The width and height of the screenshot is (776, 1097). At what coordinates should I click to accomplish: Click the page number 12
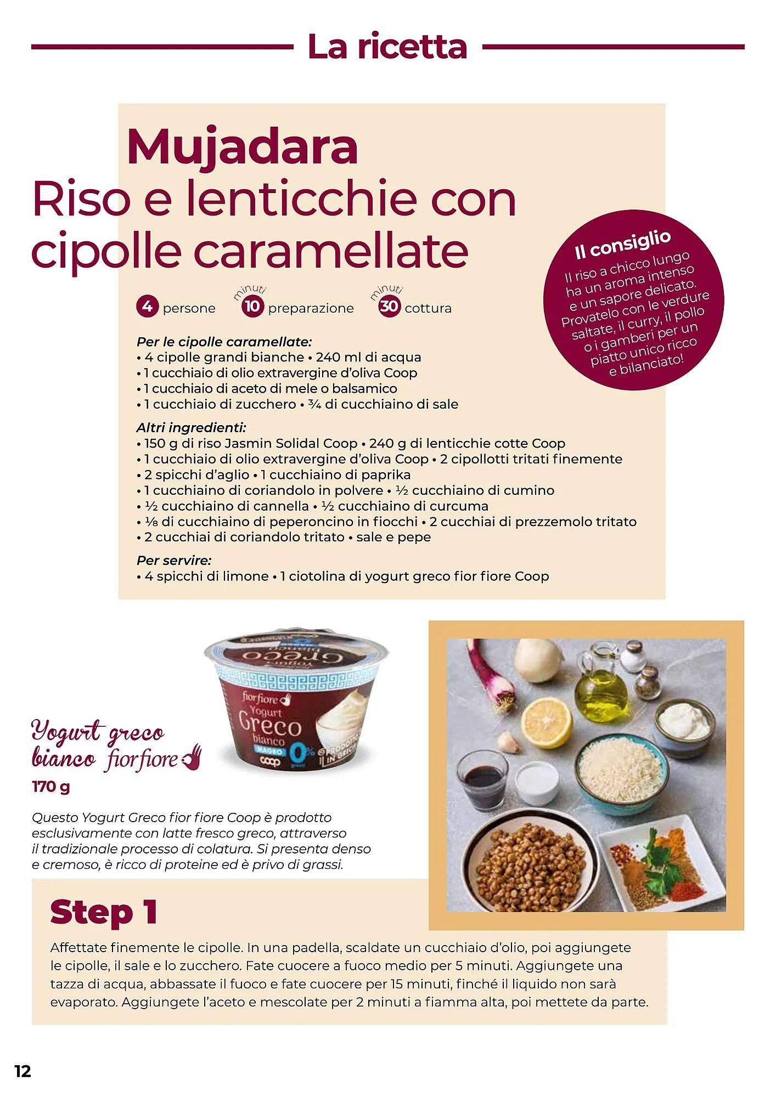click(23, 1071)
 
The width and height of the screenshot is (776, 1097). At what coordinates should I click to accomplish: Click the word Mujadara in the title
click(242, 147)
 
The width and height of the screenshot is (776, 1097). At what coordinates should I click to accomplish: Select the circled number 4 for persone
click(148, 307)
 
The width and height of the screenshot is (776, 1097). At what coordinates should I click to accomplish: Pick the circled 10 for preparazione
click(252, 306)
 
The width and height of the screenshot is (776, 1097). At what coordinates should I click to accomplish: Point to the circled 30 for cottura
click(389, 306)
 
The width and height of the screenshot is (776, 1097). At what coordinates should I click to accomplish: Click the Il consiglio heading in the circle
click(623, 245)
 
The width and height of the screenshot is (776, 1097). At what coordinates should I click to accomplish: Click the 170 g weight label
click(51, 787)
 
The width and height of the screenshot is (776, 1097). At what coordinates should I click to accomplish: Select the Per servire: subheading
click(174, 561)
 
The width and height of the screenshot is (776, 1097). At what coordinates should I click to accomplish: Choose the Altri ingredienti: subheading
click(192, 428)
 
